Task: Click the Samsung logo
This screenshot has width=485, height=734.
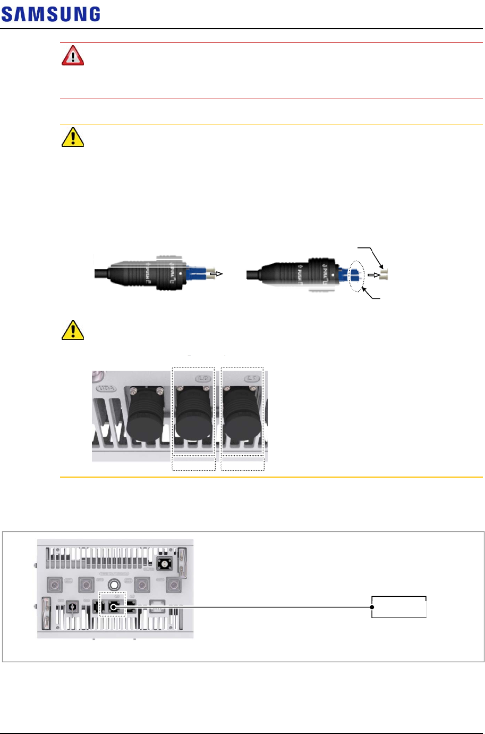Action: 50,14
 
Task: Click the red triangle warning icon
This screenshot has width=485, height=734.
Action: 73,56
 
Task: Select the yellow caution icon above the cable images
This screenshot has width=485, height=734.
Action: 73,137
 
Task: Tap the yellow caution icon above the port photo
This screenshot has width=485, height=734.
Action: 73,330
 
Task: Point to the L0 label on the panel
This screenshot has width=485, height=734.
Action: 203,379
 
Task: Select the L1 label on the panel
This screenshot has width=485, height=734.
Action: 252,379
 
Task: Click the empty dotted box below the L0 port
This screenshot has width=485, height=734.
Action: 193,464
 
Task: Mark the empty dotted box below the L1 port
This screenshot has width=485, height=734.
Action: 242,464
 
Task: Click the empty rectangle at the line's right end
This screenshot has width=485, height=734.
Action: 398,607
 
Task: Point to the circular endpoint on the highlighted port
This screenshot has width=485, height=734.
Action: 113,606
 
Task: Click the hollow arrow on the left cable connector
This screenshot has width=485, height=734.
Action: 217,274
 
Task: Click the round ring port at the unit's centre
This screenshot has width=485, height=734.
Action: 113,585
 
